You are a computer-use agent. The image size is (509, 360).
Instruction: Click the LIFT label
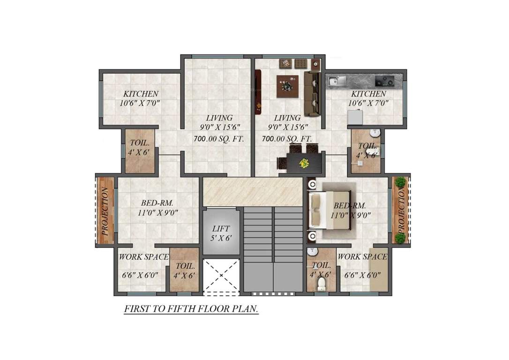(x=221, y=229)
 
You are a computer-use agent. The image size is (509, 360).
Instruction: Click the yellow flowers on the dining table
(x=304, y=163)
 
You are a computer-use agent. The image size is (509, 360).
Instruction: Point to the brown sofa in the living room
(x=312, y=93)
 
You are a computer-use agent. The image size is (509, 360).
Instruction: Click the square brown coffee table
(x=287, y=86)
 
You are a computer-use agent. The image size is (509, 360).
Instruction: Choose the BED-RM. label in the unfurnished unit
(x=157, y=203)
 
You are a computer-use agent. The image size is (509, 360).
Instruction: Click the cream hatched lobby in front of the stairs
(x=253, y=191)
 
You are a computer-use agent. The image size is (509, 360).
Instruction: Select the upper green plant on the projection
(x=400, y=182)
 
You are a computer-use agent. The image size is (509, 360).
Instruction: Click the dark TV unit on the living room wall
(x=257, y=92)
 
